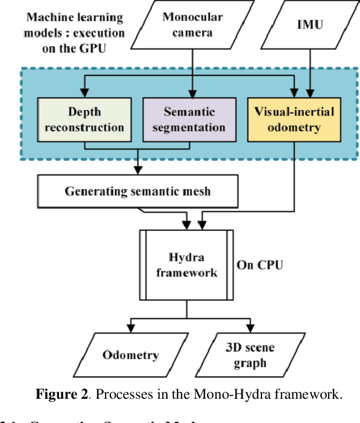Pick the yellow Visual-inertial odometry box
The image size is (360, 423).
293,119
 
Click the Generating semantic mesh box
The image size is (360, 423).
138,191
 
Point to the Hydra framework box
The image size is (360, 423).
186,265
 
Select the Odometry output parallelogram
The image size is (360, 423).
130,354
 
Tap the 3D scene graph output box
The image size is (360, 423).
250,354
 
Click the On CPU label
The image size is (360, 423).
260,265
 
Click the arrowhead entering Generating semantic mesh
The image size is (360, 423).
138,170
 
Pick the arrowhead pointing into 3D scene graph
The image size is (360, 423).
250,328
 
